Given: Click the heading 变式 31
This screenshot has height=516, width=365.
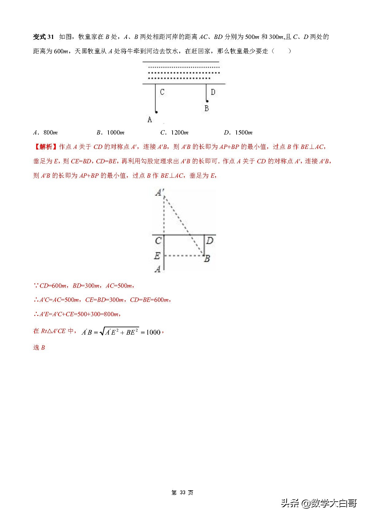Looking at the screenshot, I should pyautogui.click(x=43, y=37).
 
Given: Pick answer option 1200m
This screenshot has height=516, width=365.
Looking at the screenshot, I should pyautogui.click(x=174, y=133).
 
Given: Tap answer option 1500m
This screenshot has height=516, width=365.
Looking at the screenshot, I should pyautogui.click(x=238, y=133).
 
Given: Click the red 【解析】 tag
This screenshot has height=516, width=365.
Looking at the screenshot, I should pyautogui.click(x=45, y=147).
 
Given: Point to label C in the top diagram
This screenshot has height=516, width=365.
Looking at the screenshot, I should pyautogui.click(x=162, y=92).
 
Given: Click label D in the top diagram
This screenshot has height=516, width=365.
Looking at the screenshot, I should pyautogui.click(x=213, y=92).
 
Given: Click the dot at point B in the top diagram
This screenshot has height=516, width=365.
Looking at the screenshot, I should pyautogui.click(x=207, y=101).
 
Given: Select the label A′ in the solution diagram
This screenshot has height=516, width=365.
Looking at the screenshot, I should pyautogui.click(x=160, y=192).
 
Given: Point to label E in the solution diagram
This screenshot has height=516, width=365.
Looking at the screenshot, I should pyautogui.click(x=157, y=255).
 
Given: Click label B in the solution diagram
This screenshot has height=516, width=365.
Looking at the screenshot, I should pyautogui.click(x=207, y=259).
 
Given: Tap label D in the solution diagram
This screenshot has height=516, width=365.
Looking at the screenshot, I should pyautogui.click(x=210, y=241).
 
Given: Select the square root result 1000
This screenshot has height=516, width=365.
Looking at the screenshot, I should pyautogui.click(x=153, y=332).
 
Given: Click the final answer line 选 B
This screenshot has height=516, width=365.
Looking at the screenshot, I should pyautogui.click(x=39, y=347).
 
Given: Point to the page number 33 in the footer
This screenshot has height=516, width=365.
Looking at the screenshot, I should pyautogui.click(x=183, y=493).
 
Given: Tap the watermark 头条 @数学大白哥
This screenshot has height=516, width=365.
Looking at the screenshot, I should pyautogui.click(x=319, y=503).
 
